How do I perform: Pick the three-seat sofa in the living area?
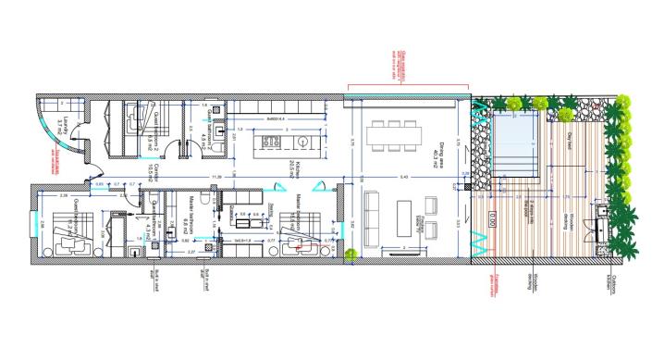(x=375, y=218)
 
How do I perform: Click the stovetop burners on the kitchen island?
(x=273, y=141)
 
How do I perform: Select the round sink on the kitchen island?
(x=301, y=141)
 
